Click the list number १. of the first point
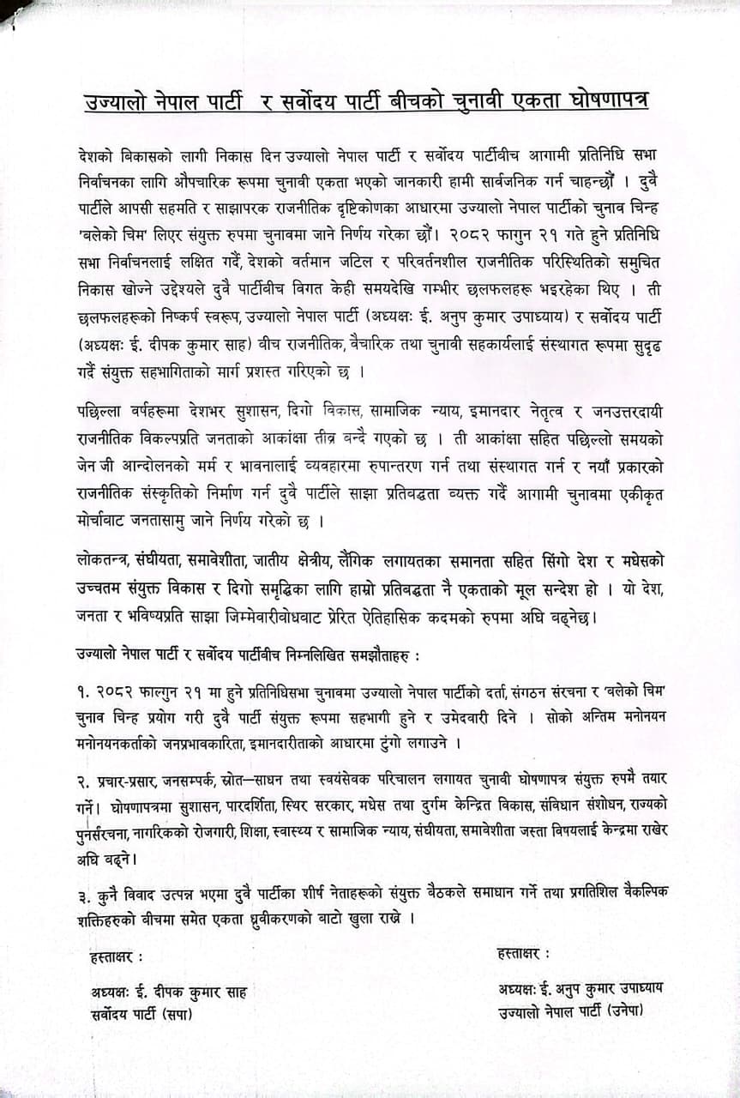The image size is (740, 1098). [83, 691]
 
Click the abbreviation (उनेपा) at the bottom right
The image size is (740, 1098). [624, 1011]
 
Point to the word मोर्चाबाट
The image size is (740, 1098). [110, 520]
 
